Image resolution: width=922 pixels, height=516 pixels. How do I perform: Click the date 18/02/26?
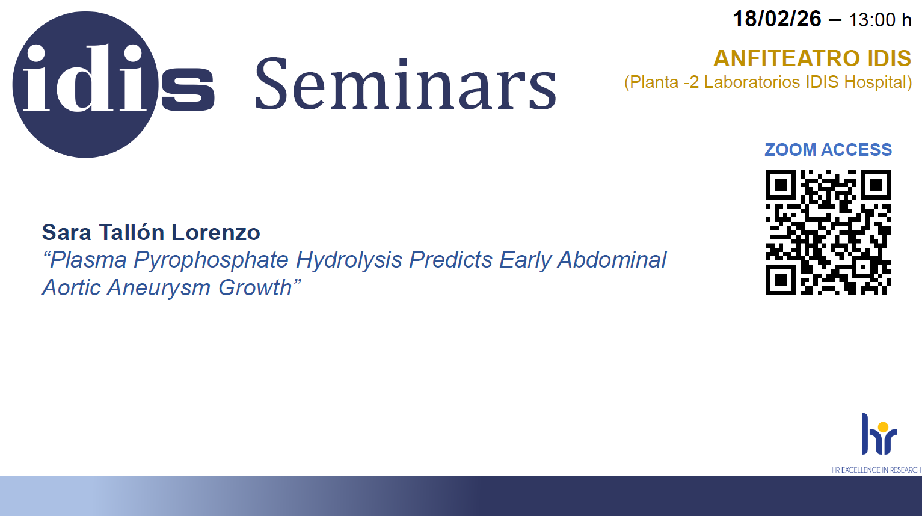pos(776,19)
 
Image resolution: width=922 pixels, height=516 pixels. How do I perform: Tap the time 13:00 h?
pos(880,20)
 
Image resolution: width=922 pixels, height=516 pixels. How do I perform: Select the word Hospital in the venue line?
pos(878,82)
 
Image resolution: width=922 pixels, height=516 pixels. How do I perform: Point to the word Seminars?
pos(406,84)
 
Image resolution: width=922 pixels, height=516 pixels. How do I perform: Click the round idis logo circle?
pos(85,84)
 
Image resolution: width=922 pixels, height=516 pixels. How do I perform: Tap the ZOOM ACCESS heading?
pos(828,149)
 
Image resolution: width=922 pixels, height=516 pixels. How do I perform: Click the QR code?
pos(828,233)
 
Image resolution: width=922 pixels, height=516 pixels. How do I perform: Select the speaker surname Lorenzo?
pos(216,233)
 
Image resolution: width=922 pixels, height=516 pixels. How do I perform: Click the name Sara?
pos(66,233)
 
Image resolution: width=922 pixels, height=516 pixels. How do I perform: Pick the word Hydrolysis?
pos(349,260)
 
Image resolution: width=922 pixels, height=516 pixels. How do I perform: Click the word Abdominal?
pos(612,260)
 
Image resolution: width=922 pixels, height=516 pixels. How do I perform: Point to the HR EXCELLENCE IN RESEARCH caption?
pos(876,470)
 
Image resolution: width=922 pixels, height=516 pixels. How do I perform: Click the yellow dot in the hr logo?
pos(883,427)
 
